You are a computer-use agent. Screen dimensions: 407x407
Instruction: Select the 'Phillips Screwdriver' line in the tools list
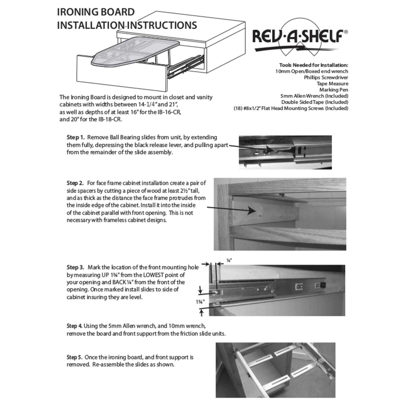[326, 78]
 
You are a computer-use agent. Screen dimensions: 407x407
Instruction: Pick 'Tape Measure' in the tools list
[332, 84]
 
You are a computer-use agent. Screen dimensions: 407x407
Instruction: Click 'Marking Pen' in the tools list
[333, 90]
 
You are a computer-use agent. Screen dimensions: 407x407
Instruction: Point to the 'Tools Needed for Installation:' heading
[313, 65]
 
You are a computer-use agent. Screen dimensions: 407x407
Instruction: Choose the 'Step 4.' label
[74, 326]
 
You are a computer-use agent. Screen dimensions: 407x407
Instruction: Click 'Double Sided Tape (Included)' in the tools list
[314, 102]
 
